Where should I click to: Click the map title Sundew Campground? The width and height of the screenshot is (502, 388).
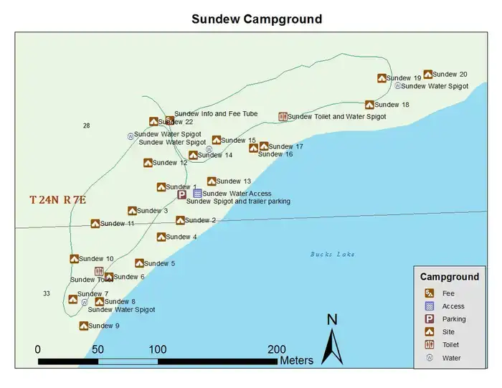click(x=256, y=19)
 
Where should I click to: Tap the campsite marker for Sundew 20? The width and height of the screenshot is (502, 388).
click(x=427, y=74)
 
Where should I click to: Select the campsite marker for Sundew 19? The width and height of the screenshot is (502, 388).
click(x=382, y=78)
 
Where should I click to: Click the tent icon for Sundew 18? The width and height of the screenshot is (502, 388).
click(x=369, y=105)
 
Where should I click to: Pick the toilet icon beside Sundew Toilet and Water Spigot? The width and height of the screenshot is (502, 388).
click(x=283, y=116)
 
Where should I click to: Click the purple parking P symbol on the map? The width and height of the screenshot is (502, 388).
click(x=182, y=194)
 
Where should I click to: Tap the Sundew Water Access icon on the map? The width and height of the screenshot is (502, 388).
click(x=197, y=194)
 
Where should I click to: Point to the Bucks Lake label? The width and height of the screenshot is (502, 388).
click(x=332, y=254)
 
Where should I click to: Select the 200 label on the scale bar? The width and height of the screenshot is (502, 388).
click(x=276, y=349)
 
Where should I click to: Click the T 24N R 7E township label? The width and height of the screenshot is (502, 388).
click(x=57, y=200)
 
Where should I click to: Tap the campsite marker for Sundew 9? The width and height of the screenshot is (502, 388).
click(x=84, y=326)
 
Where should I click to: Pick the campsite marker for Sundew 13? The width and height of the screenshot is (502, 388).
click(x=212, y=181)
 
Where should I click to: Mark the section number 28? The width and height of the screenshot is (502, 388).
click(x=87, y=126)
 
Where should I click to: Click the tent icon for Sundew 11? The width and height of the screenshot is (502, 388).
click(x=95, y=224)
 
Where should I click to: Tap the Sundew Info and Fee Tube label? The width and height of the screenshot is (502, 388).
click(x=216, y=114)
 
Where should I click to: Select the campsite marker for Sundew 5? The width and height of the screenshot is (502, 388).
click(x=139, y=263)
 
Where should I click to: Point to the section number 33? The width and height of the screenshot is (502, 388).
click(x=47, y=293)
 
